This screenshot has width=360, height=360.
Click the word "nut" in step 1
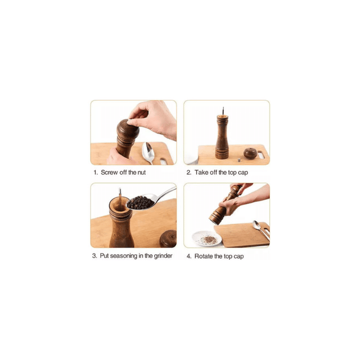tap(142, 173)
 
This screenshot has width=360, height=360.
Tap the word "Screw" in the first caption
tap(109, 173)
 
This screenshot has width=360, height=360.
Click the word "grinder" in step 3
tap(163, 256)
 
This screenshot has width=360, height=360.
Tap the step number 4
tap(189, 256)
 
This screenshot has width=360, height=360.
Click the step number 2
tap(189, 173)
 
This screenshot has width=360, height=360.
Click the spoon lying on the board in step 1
tap(147, 152)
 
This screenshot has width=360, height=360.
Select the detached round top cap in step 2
tap(250, 153)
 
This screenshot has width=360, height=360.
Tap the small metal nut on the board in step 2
tap(239, 160)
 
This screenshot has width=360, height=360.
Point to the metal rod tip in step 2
tap(223, 109)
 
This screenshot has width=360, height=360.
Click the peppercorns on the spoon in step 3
tap(140, 202)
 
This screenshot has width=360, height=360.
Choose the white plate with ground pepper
tap(207, 238)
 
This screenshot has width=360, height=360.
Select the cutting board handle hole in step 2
tap(261, 155)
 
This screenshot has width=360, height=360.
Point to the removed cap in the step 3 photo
tap(168, 238)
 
